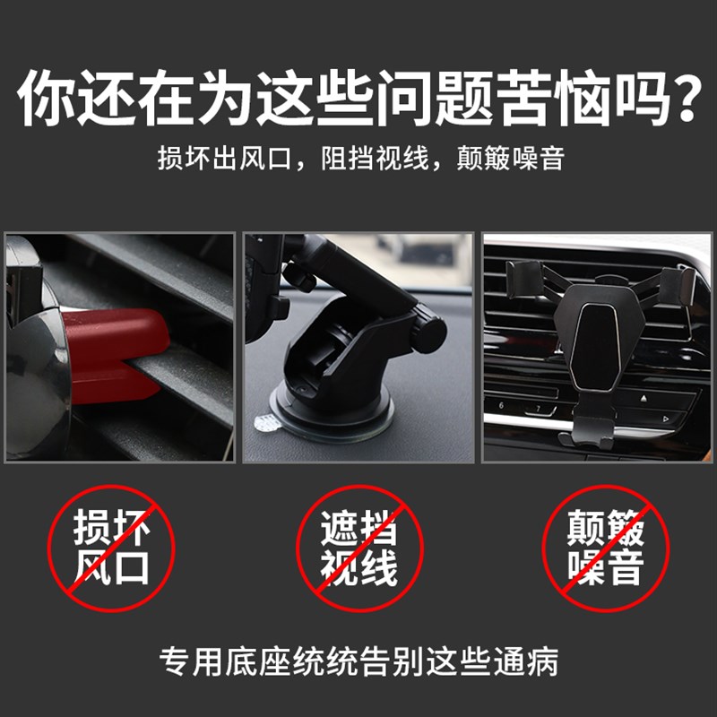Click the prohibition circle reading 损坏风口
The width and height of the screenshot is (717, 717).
(x=113, y=548)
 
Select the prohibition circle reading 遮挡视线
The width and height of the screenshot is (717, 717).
(x=359, y=548)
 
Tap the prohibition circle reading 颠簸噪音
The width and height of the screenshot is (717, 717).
(x=605, y=548)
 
